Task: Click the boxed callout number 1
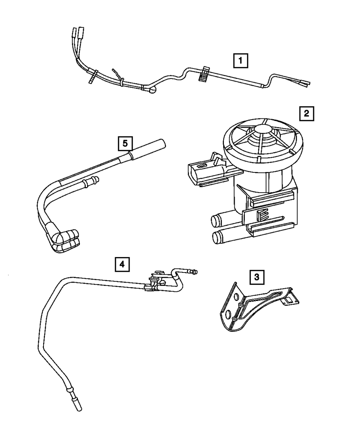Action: (240, 60)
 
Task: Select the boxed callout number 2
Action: (306, 114)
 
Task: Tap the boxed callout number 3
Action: (256, 277)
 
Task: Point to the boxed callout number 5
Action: (125, 143)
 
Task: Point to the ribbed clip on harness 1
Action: (204, 75)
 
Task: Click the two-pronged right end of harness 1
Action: (306, 84)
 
